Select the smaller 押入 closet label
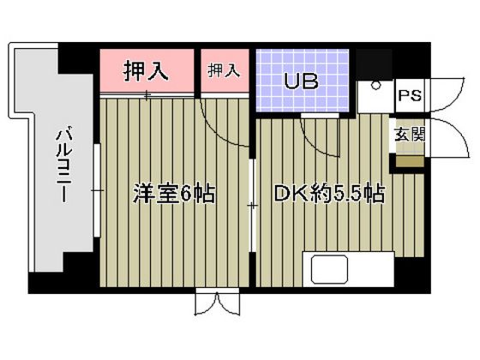[x=223, y=70]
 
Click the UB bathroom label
[x=302, y=83]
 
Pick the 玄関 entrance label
[x=409, y=135]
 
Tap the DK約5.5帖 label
[x=327, y=193]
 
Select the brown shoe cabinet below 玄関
[x=409, y=160]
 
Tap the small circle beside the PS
[x=374, y=86]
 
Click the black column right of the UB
[x=374, y=63]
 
